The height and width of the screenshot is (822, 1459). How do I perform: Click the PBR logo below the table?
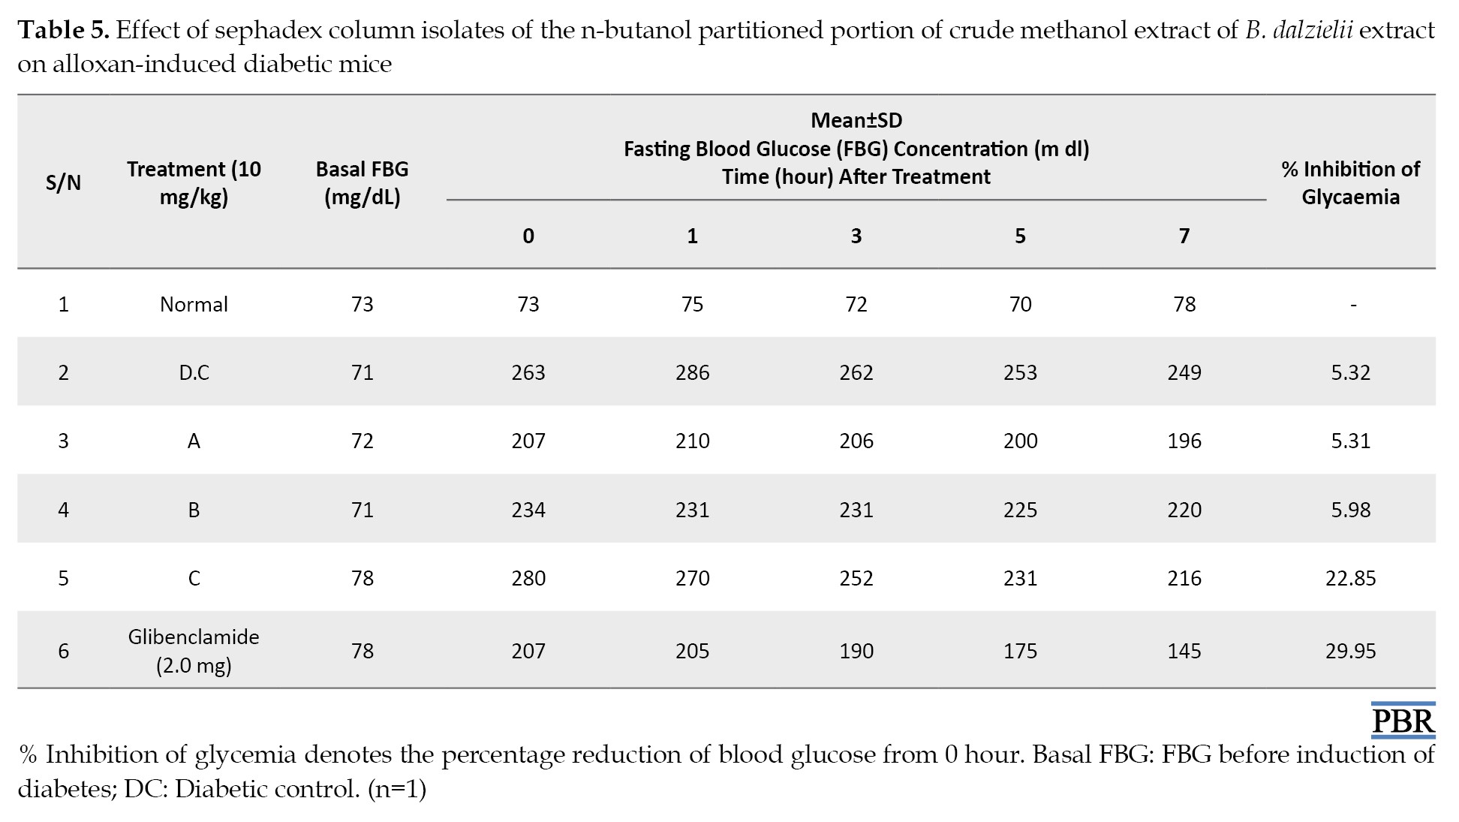(x=1403, y=718)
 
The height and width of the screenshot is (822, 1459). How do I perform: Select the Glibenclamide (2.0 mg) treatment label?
(x=194, y=650)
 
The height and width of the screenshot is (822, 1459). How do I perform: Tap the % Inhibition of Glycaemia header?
(x=1350, y=182)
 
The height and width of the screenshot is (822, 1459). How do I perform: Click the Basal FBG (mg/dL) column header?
(x=362, y=182)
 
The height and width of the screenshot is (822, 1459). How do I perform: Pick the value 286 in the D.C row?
(x=692, y=372)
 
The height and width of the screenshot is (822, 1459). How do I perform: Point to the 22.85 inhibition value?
(x=1350, y=578)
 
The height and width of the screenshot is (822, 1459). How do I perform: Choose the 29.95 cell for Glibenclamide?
(x=1350, y=651)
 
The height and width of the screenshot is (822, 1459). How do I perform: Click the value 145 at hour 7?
(x=1184, y=651)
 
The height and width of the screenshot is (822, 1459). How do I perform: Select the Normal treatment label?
(x=194, y=304)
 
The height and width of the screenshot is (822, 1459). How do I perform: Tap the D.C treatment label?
(x=194, y=372)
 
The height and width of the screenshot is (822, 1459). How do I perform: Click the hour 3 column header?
(x=856, y=236)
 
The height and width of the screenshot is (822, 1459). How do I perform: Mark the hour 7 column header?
(x=1184, y=236)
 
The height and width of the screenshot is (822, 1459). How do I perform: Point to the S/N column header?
(x=63, y=182)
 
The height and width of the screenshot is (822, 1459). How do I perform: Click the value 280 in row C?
(x=528, y=578)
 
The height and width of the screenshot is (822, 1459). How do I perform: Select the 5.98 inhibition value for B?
(x=1350, y=510)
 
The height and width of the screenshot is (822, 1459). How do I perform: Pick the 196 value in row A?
(x=1184, y=441)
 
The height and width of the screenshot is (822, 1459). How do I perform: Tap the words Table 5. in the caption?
(x=64, y=30)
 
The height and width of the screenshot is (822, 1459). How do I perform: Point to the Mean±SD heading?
(x=856, y=120)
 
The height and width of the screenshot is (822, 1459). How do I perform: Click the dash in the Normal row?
(x=1352, y=306)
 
